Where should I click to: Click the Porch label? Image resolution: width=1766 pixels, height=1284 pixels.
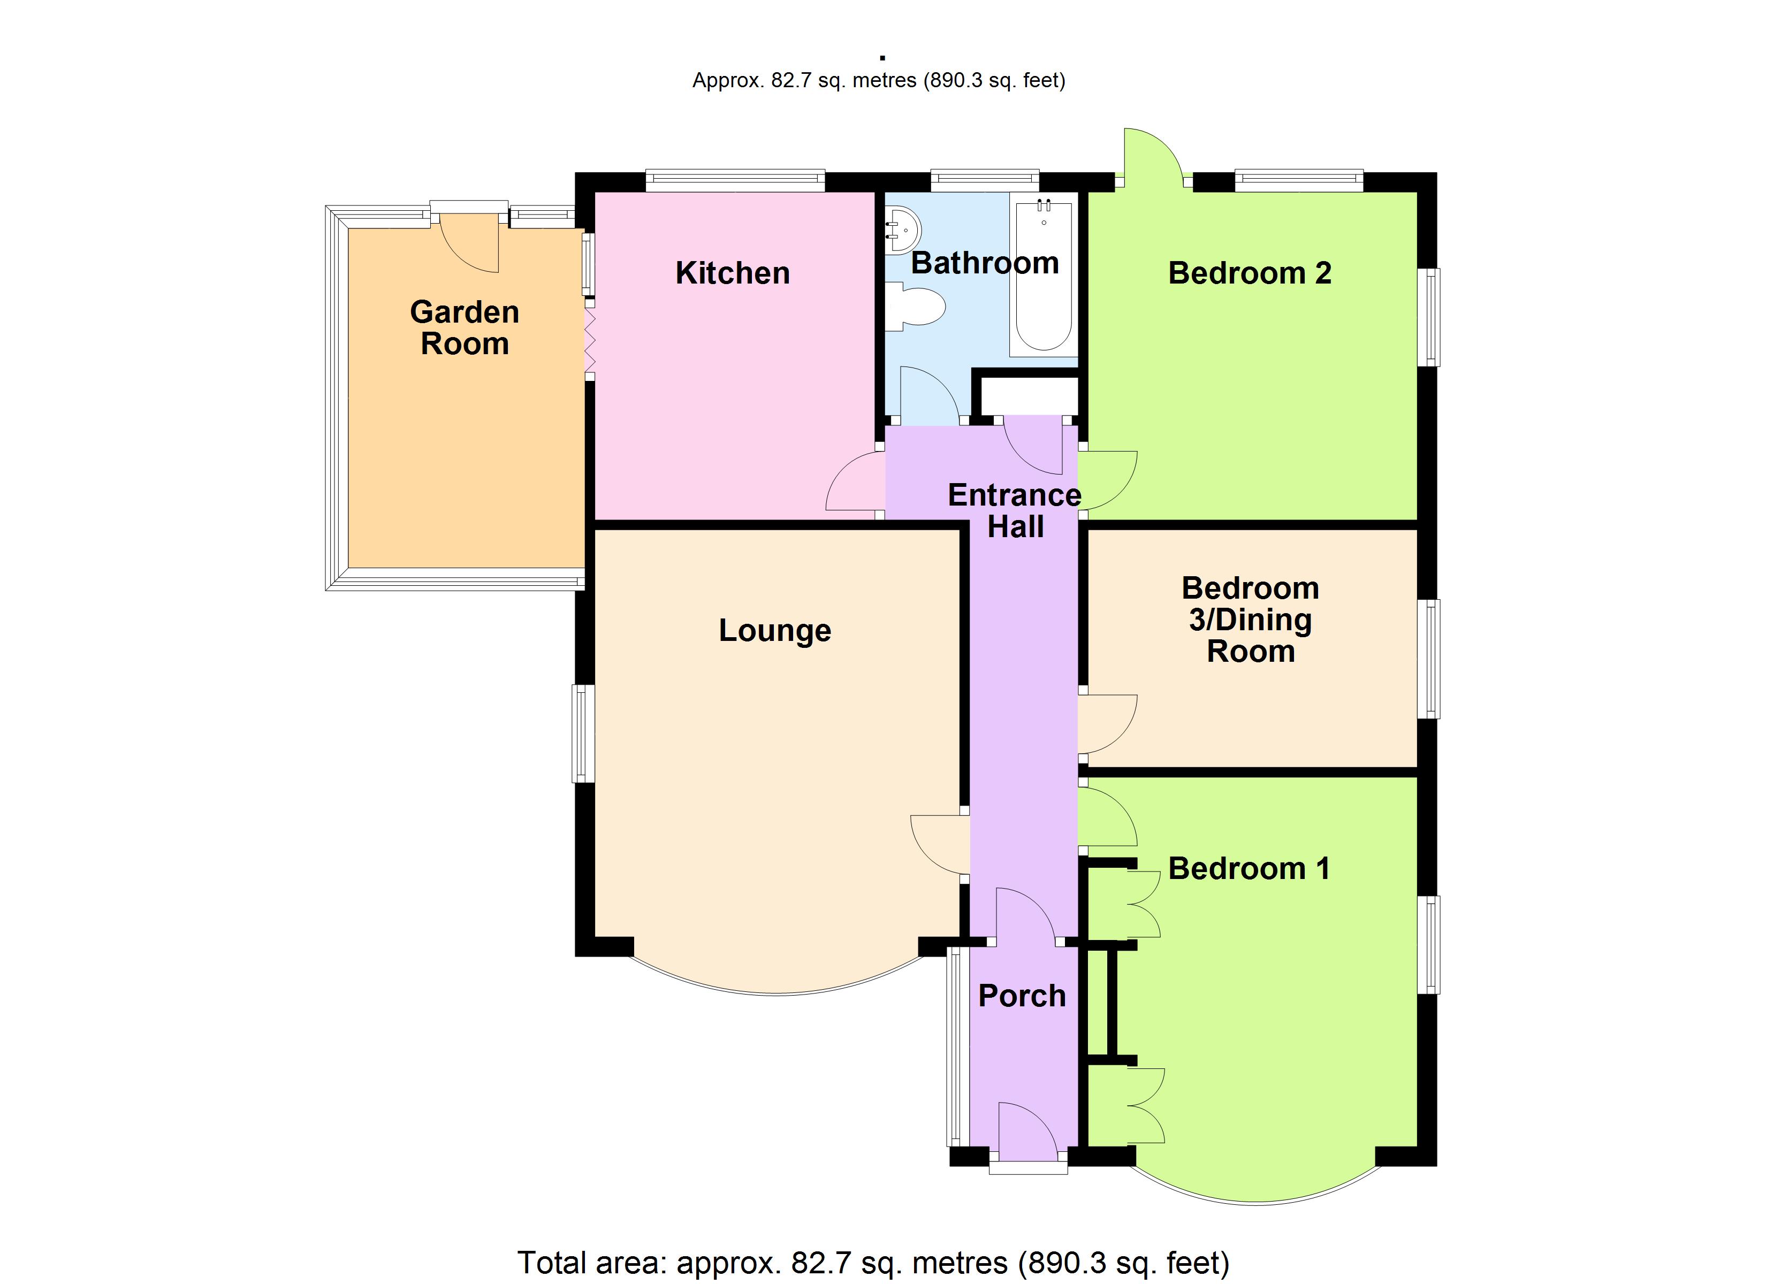1022,996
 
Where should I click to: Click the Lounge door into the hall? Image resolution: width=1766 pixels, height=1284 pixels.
938,845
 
